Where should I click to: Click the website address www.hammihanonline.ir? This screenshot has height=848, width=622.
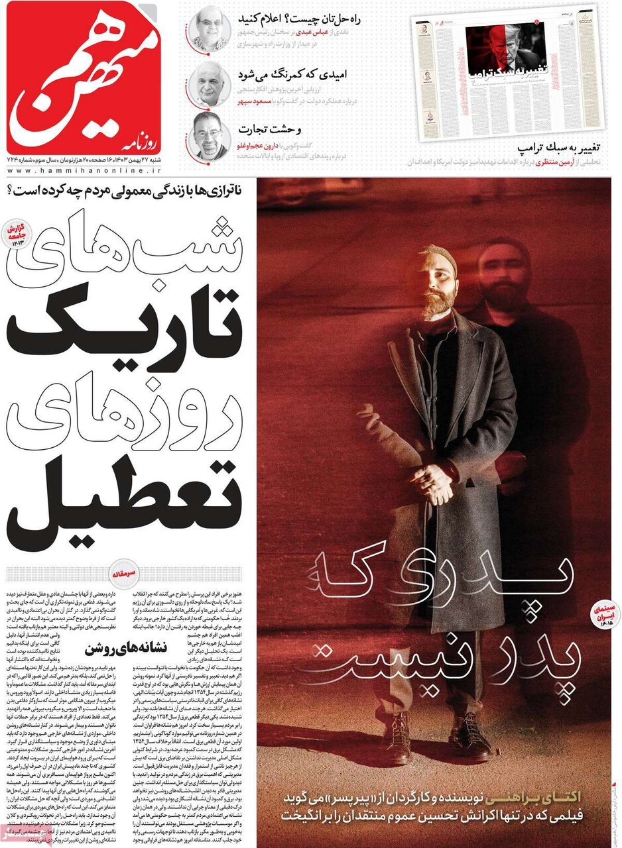(84, 170)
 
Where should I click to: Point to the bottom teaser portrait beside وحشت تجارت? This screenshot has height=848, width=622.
(210, 134)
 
